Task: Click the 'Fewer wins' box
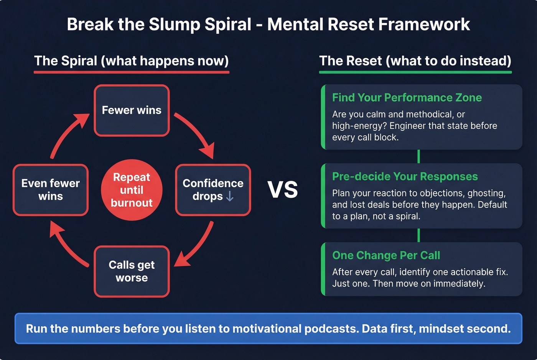[x=132, y=110]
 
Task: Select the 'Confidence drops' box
[x=213, y=190]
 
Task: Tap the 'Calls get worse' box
[x=132, y=271]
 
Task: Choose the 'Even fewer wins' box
[x=51, y=190]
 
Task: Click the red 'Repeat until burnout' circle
[x=132, y=190]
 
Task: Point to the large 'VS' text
[x=283, y=190]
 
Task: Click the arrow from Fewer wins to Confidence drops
[x=196, y=134]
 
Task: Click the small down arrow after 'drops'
[x=230, y=196]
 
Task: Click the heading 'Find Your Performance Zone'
[x=407, y=98]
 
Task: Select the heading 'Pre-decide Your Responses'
[x=405, y=176]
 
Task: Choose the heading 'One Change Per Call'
[x=386, y=255]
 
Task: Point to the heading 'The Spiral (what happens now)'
[x=131, y=61]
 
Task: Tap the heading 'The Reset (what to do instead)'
[x=415, y=61]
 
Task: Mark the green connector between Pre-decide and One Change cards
[x=418, y=235]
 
